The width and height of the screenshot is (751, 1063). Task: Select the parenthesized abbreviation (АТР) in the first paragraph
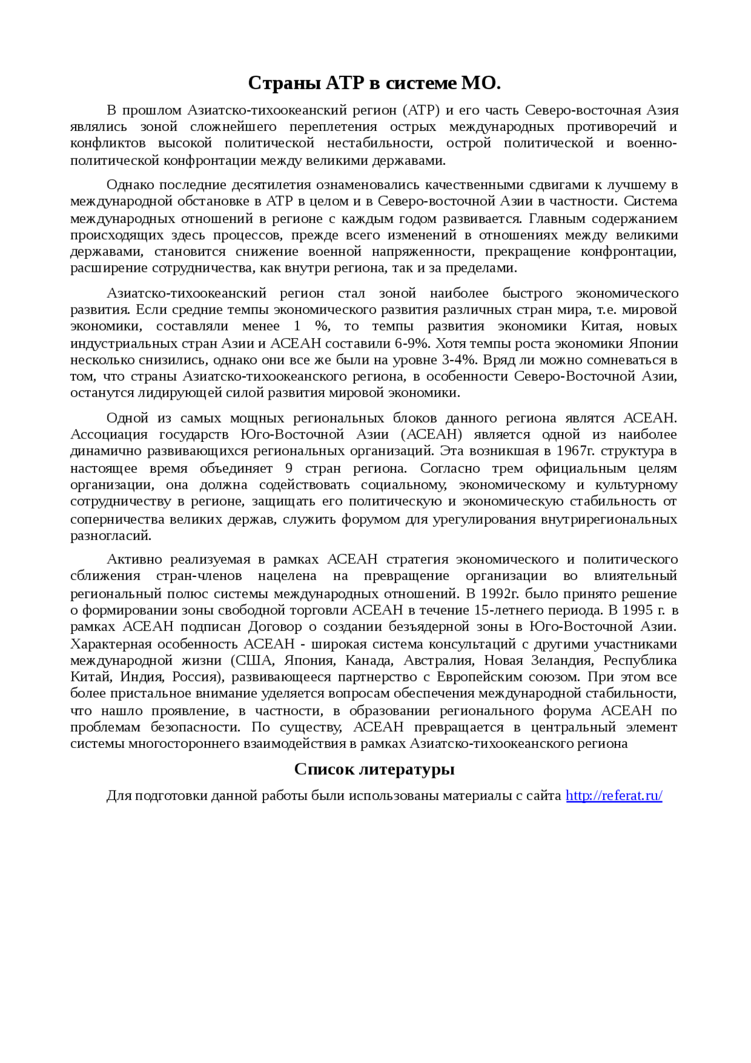(421, 110)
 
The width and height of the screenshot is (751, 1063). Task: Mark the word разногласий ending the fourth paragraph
(110, 535)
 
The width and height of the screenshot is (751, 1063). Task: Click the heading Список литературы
(374, 769)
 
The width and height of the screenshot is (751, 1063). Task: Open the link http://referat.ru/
(614, 796)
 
